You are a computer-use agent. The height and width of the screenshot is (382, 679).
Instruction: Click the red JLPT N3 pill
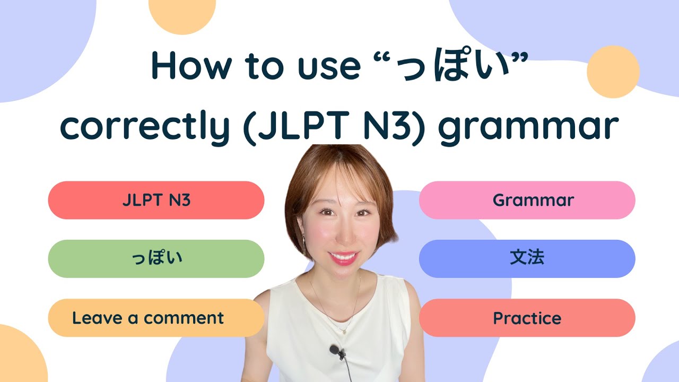click(x=156, y=200)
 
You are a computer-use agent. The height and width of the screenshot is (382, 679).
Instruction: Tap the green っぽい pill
click(x=156, y=259)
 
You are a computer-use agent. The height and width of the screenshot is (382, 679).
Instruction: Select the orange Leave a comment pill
click(x=156, y=318)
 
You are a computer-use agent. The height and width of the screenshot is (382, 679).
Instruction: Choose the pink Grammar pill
click(x=527, y=200)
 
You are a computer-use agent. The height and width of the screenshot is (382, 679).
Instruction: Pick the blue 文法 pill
click(x=527, y=259)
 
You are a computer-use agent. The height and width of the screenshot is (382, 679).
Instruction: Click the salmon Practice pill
click(x=527, y=318)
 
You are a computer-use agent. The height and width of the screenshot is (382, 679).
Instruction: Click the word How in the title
click(x=191, y=66)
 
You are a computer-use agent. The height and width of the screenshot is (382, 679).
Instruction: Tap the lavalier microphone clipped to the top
click(x=335, y=350)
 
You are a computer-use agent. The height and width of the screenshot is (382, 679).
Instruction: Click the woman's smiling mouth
click(x=343, y=258)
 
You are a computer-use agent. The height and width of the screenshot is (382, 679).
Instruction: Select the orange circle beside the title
click(x=613, y=72)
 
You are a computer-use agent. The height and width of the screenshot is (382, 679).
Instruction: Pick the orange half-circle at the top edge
click(x=182, y=13)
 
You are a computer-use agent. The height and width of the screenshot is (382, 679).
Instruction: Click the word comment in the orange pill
click(x=184, y=318)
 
